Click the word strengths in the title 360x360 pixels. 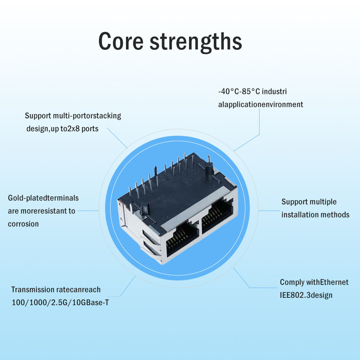tap(196, 41)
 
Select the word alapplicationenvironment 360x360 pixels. tap(261, 104)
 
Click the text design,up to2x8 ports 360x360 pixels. tap(62, 129)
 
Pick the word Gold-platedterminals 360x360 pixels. tap(43, 198)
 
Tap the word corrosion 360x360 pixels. tap(23, 224)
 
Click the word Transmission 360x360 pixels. tap(33, 289)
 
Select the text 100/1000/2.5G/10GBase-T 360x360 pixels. tap(60, 302)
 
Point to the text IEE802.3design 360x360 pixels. tap(306, 295)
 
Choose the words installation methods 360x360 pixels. tap(315, 214)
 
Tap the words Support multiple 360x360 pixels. tap(309, 202)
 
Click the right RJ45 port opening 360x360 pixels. tap(217, 217)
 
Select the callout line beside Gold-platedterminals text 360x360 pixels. tap(88, 210)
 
